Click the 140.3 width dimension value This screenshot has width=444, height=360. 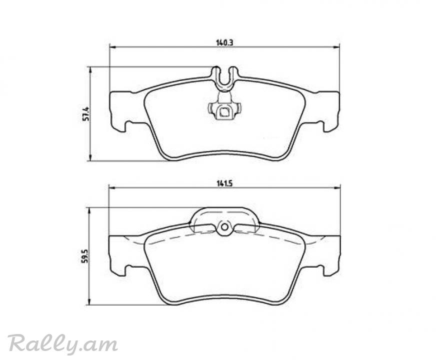(224, 43)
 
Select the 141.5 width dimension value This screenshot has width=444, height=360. (224, 183)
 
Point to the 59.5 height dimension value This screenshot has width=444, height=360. (84, 257)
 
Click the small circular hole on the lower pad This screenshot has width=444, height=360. (224, 227)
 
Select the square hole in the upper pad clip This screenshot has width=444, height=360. (225, 112)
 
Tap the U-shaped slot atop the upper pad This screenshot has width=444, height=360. (224, 78)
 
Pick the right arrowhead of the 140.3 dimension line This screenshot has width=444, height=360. (336, 47)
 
